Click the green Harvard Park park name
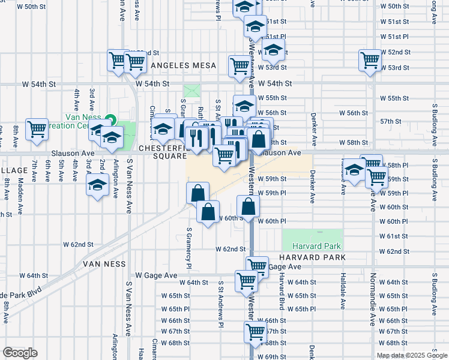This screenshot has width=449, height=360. tap(316, 246)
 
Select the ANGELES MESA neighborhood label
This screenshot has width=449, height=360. tap(178, 65)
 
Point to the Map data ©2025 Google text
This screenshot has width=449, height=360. tap(412, 355)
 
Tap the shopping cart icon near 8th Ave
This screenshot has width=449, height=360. tap(37, 129)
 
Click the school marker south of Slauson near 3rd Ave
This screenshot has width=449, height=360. tap(97, 185)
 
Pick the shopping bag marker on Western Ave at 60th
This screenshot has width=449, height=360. tap(248, 208)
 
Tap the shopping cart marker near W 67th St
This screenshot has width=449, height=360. tap(256, 331)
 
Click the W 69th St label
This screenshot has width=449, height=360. tap(273, 356)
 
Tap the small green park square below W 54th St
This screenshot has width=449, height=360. tap(192, 91)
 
